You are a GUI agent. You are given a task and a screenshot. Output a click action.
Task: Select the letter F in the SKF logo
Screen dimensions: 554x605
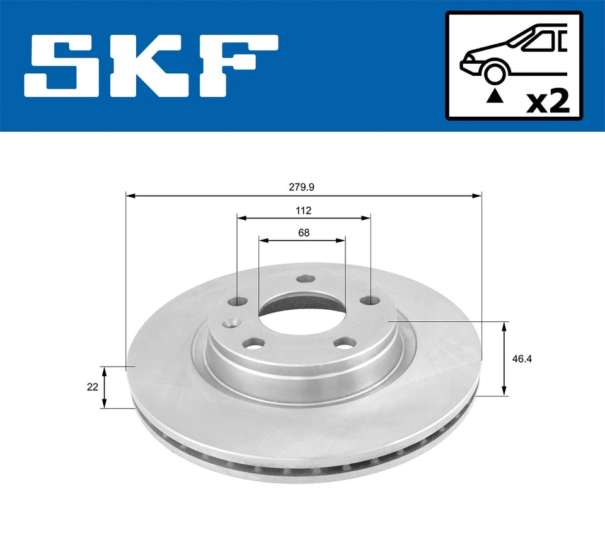pyautogui.click(x=236, y=66)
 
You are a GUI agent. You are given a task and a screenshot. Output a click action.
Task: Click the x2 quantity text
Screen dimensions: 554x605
pyautogui.click(x=548, y=101)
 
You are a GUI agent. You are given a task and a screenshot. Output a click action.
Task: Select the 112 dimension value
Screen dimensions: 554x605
pyautogui.click(x=304, y=210)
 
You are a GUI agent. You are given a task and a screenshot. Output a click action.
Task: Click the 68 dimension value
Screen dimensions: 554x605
pyautogui.click(x=304, y=232)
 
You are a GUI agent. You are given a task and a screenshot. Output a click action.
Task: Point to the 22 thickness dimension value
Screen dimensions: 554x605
pyautogui.click(x=93, y=387)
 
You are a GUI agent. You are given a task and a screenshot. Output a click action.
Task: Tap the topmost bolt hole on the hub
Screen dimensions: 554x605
pyautogui.click(x=306, y=279)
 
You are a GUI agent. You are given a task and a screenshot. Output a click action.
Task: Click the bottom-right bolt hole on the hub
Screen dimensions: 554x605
pyautogui.click(x=344, y=343)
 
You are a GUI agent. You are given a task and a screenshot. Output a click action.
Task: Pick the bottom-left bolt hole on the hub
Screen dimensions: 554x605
pyautogui.click(x=253, y=344)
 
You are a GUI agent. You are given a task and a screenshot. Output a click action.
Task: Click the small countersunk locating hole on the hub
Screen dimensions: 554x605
pyautogui.click(x=232, y=322)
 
